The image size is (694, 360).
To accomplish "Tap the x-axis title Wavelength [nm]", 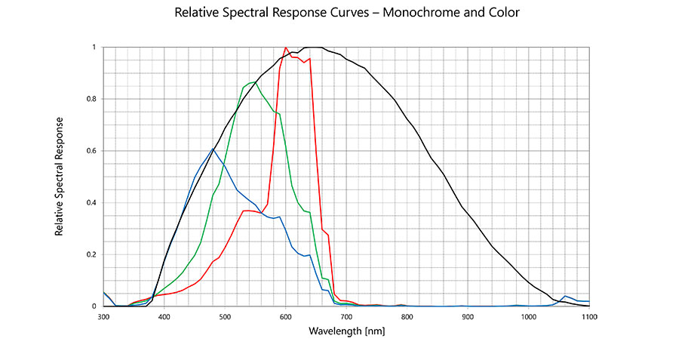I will [345, 331].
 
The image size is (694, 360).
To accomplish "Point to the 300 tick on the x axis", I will [103, 317].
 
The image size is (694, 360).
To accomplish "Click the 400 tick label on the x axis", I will [164, 317].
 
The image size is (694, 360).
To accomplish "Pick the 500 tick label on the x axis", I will [225, 317].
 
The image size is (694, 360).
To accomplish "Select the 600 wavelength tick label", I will [285, 317].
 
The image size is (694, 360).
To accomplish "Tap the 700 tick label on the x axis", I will [346, 317].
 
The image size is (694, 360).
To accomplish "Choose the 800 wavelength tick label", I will [407, 317].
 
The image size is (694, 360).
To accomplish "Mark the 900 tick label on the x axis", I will [468, 317].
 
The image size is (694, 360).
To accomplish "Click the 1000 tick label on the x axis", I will [528, 317].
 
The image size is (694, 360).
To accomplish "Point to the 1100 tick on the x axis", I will [588, 317].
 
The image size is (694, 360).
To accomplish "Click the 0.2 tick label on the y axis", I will [92, 254].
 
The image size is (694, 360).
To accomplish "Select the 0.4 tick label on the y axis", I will [92, 202].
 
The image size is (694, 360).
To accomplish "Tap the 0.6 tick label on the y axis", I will [92, 151].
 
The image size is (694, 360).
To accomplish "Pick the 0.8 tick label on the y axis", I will [92, 99].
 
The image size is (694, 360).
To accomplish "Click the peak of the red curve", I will [286, 48].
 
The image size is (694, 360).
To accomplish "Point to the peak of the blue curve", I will [213, 149].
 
